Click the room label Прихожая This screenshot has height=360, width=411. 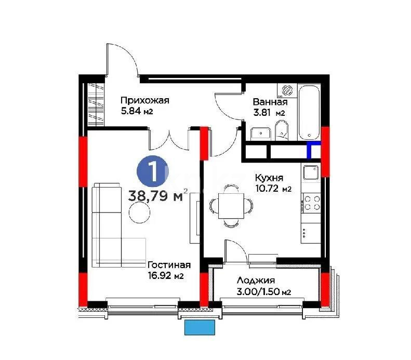145,101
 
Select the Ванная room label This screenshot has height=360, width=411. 270,102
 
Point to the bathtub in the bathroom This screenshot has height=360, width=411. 310,111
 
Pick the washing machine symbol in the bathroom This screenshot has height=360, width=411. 285,90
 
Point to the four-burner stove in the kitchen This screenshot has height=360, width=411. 311,202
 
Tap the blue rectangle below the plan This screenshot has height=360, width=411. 200,327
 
